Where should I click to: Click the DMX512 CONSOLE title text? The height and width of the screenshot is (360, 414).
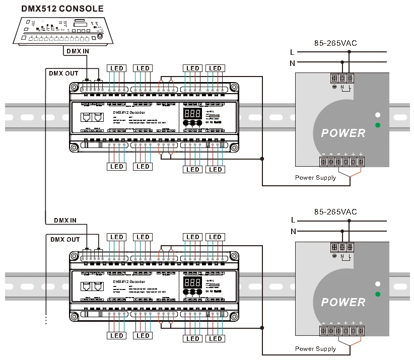tap(62, 9)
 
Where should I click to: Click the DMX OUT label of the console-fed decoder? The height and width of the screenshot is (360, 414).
tap(63, 73)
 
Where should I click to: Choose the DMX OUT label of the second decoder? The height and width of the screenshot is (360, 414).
tap(65, 240)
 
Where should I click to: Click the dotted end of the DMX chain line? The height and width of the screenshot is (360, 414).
tap(46, 320)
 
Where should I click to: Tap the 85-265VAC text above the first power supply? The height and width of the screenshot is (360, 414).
tap(335, 43)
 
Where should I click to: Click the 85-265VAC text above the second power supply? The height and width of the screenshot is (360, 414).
tap(335, 212)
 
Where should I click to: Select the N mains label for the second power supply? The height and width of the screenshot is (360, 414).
tap(292, 232)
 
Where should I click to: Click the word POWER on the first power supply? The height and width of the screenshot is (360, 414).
tap(343, 133)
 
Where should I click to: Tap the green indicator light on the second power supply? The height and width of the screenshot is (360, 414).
tap(377, 294)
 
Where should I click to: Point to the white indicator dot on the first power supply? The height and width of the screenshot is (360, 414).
tap(377, 115)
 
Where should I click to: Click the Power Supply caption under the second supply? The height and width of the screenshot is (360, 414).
tap(315, 348)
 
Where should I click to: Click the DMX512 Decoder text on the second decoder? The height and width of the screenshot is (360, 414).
tap(128, 281)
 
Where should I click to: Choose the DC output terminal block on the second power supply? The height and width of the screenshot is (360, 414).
tap(342, 331)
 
